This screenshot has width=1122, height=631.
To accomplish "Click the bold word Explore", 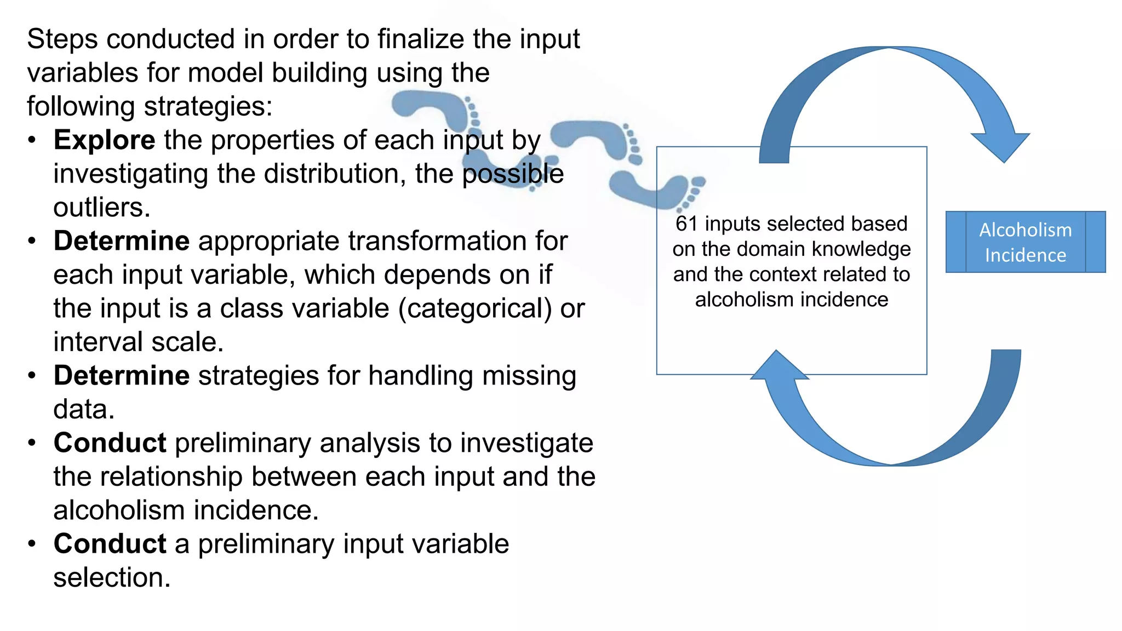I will pyautogui.click(x=104, y=140).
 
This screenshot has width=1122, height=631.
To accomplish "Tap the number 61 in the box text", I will pyautogui.click(x=686, y=224).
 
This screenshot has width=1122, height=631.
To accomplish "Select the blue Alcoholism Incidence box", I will pyautogui.click(x=1025, y=242).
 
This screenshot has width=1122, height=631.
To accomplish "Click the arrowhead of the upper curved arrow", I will pyautogui.click(x=1001, y=146).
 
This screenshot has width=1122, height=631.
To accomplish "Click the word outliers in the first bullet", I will pyautogui.click(x=101, y=208).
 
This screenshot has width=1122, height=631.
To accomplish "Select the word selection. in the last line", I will pyautogui.click(x=112, y=578).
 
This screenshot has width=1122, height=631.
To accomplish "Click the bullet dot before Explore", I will pyautogui.click(x=32, y=140).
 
